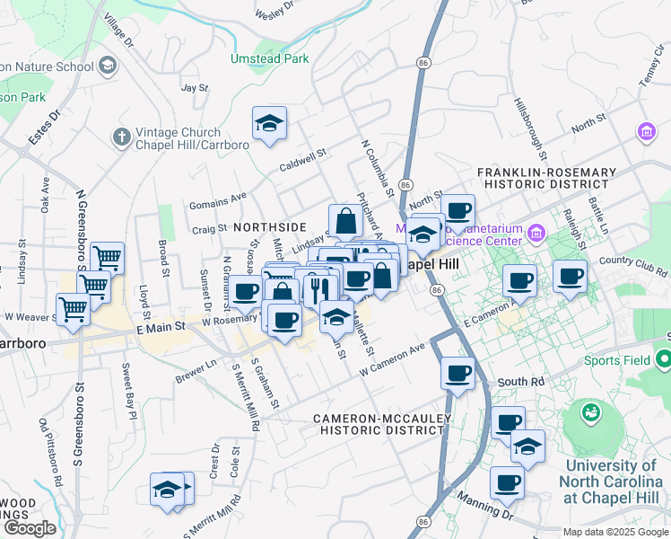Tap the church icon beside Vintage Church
pyautogui.click(x=121, y=137)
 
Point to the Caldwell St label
pyautogui.click(x=304, y=155)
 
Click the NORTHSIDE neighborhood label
pyautogui.click(x=270, y=227)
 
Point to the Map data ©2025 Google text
pyautogui.click(x=615, y=532)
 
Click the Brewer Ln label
pyautogui.click(x=196, y=372)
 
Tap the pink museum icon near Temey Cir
pyautogui.click(x=645, y=132)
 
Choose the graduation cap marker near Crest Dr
pyautogui.click(x=167, y=489)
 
